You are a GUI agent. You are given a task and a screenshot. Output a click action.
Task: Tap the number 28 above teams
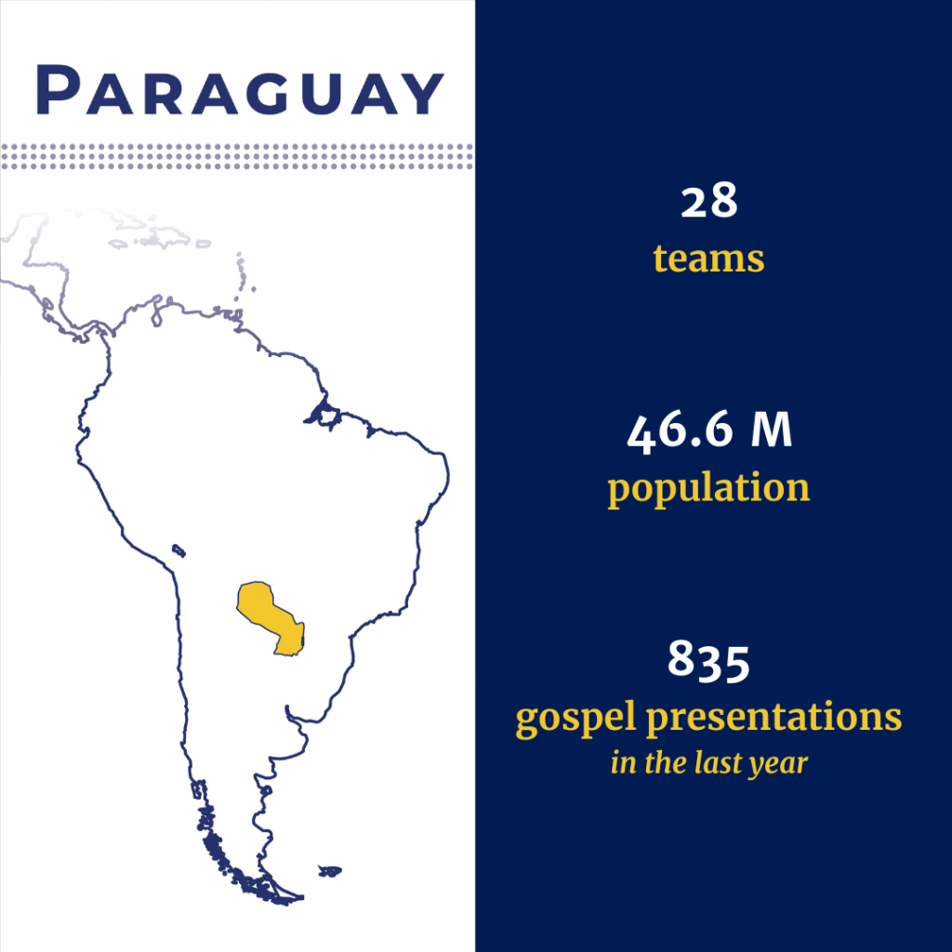[708, 202]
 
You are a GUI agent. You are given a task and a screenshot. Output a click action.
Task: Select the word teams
[708, 258]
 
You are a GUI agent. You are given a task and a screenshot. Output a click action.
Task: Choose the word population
[708, 488]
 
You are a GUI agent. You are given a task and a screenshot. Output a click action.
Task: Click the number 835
[708, 661]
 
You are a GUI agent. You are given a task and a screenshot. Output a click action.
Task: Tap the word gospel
[575, 719]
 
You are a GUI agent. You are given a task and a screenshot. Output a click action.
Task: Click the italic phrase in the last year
[708, 763]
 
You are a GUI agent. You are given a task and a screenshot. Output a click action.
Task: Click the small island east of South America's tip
[330, 871]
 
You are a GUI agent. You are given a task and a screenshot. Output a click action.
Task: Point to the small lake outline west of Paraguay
[178, 550]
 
